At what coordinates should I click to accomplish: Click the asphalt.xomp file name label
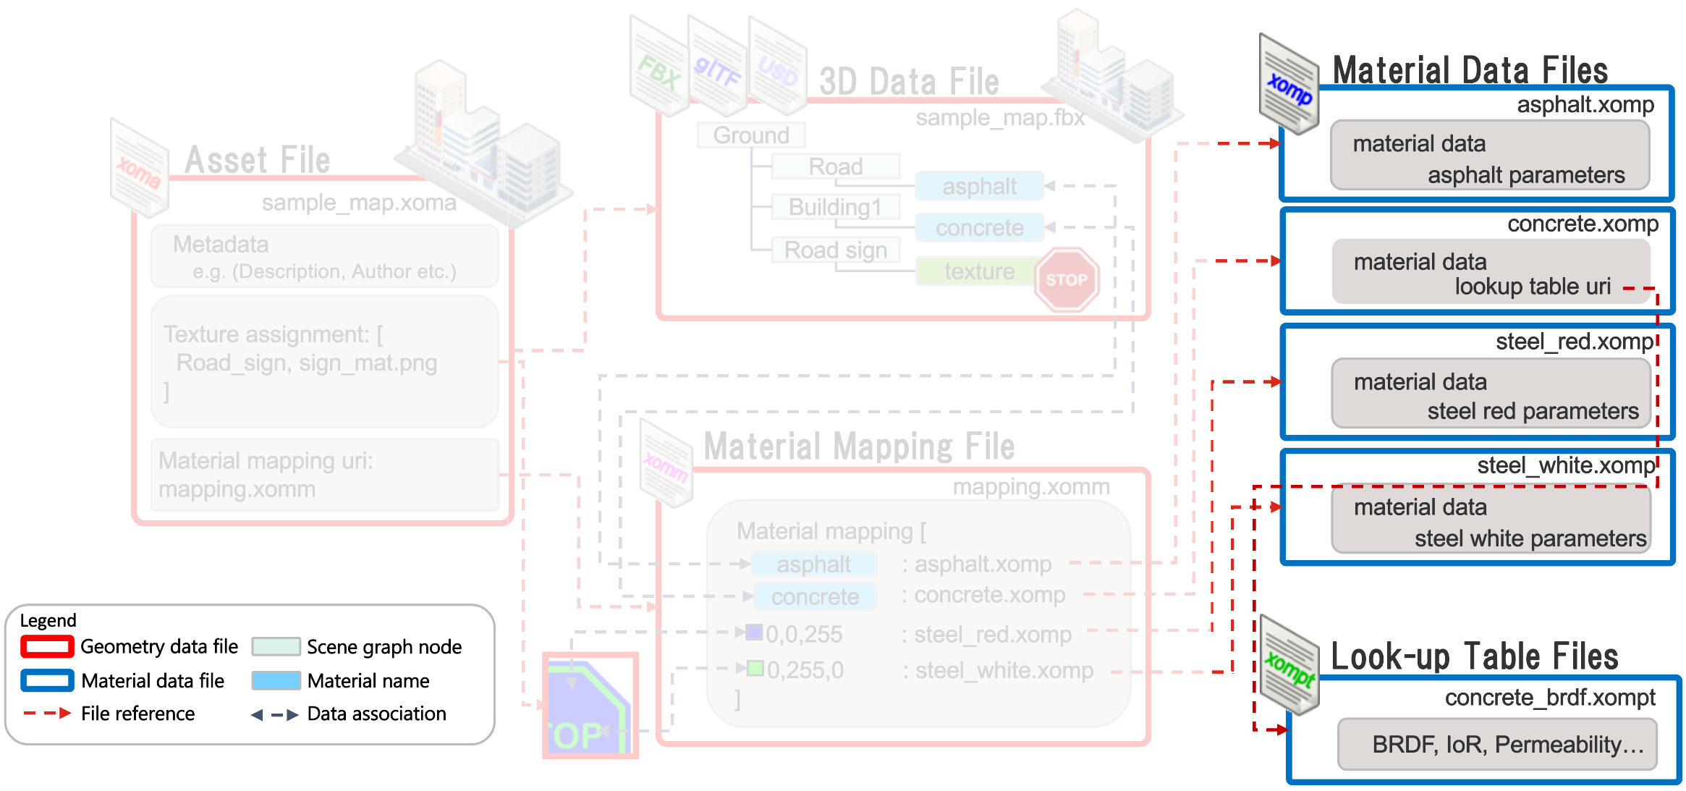pos(1585,106)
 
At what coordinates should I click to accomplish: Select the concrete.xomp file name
pos(1582,224)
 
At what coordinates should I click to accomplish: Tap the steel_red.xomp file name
pos(1575,342)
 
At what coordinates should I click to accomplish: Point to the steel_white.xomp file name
pos(1565,465)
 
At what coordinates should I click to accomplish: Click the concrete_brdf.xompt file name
pos(1549,698)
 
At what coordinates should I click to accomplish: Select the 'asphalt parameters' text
pos(1525,175)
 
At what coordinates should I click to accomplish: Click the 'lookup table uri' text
pos(1532,287)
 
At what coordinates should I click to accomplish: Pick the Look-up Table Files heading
pos(1474,656)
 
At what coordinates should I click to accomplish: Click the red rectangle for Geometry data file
pos(47,646)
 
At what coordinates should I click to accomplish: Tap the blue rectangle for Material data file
pos(47,680)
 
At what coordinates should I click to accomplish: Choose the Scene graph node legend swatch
pos(276,646)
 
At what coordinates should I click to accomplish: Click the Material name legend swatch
pos(276,680)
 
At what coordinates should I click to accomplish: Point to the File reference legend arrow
pos(47,714)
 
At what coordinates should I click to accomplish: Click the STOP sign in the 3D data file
pos(1066,279)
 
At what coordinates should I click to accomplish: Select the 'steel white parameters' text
pos(1530,538)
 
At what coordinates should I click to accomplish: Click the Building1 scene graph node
pos(835,208)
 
